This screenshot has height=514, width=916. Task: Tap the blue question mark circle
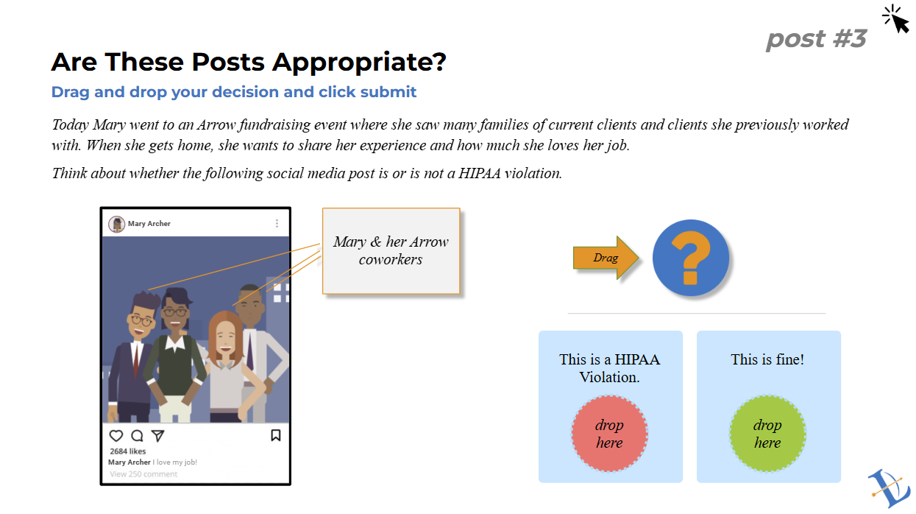(690, 258)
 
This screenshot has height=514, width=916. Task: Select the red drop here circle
(609, 434)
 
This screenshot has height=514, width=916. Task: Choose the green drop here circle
(767, 434)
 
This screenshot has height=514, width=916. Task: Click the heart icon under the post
(116, 436)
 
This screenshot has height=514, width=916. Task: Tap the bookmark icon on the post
(276, 435)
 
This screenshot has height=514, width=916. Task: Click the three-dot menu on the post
(277, 223)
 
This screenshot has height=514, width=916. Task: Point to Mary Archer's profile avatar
(116, 224)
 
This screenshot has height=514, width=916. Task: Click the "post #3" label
(816, 38)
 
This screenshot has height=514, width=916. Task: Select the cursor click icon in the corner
(895, 19)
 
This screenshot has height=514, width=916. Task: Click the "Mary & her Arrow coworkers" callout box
(391, 250)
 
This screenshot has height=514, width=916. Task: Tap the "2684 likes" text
(128, 451)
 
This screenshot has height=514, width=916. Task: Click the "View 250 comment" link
(143, 474)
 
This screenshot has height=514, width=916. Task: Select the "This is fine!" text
(767, 359)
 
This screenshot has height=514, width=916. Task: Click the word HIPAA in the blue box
(637, 359)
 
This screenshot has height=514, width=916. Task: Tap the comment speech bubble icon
(137, 436)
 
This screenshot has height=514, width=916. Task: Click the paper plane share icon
(157, 436)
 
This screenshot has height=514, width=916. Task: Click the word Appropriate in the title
(348, 62)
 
